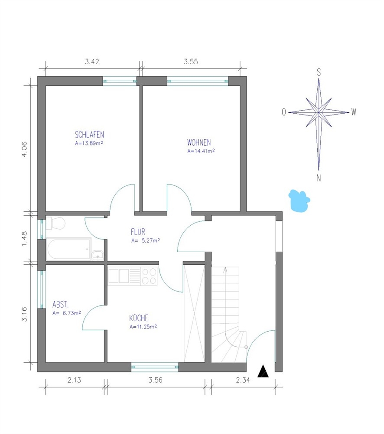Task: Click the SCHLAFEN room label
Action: point(89,135)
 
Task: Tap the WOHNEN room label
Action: point(199,142)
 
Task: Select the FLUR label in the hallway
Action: point(138,232)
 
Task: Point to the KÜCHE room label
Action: point(139,318)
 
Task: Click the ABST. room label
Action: point(60,305)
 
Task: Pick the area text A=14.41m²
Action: point(201,151)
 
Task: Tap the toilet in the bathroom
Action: point(55,224)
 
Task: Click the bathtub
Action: point(68,249)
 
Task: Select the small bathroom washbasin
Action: point(98,255)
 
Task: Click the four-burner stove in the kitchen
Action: point(149,276)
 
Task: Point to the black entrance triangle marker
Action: point(263,371)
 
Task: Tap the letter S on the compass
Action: point(319,72)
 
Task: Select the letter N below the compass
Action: point(319,178)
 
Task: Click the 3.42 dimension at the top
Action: point(92,62)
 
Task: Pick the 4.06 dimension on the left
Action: point(24,149)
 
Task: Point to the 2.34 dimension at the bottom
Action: point(243,380)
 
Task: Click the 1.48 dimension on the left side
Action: point(24,239)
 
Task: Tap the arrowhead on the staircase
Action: point(225,270)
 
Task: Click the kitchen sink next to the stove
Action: point(119,276)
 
